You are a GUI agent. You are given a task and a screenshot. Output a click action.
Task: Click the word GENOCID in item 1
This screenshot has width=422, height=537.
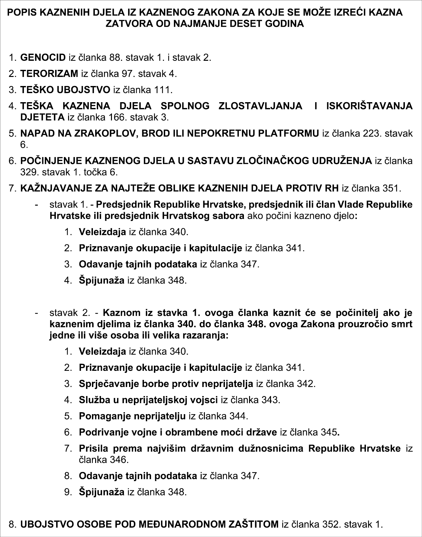(x=43, y=58)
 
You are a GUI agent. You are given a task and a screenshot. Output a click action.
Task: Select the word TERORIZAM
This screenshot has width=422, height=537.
(x=49, y=74)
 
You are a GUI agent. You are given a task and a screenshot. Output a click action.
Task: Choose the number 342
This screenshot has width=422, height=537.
(x=305, y=384)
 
